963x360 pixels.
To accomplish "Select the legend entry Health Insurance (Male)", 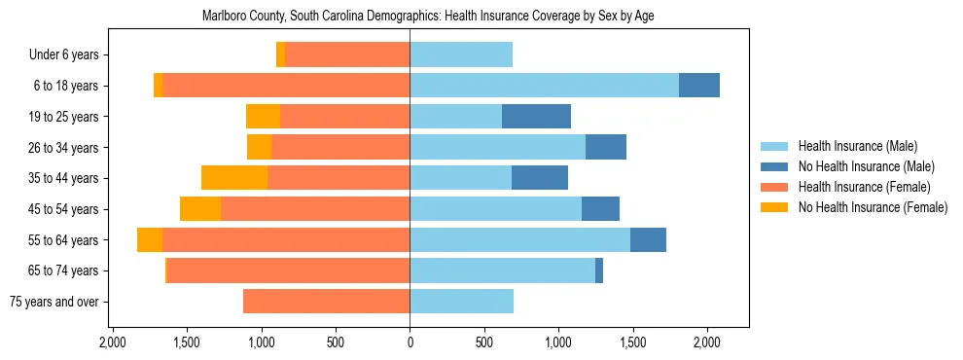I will click(857, 146).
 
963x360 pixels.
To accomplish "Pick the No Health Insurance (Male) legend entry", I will click(866, 166).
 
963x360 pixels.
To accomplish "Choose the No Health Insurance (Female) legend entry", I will click(873, 207).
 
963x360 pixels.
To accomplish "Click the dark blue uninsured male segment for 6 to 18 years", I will click(698, 86).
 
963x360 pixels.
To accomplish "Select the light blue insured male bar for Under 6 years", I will click(461, 55).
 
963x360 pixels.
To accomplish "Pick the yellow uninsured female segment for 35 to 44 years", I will click(234, 178).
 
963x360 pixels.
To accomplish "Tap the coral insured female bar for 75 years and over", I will click(326, 302).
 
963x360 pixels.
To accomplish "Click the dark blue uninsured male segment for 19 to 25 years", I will click(536, 117).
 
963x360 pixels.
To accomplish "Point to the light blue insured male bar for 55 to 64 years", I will click(519, 239).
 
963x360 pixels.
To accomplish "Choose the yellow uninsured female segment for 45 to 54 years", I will click(200, 209).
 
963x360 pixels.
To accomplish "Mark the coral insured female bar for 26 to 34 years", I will click(340, 147).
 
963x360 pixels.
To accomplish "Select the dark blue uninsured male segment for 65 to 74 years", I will click(599, 270).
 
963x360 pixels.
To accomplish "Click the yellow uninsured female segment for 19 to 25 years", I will click(263, 117).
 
